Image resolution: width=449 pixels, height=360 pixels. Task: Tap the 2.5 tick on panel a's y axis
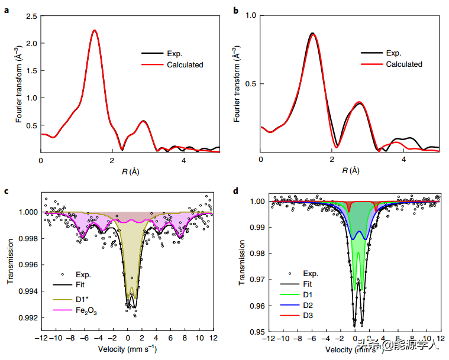[x=31, y=16]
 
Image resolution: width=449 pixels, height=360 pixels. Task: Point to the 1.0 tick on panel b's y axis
[x=251, y=16]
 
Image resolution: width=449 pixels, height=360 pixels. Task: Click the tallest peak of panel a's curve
[x=94, y=30]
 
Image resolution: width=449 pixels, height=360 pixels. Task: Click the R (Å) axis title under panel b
[x=350, y=171]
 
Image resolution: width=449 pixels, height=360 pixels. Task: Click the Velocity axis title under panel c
[x=128, y=349]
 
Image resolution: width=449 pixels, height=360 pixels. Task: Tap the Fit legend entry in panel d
[x=308, y=284]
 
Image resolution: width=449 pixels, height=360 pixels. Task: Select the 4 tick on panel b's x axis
[x=403, y=160]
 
